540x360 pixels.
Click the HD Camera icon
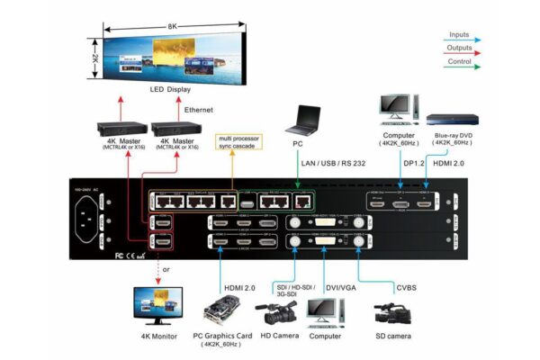[x=277, y=311]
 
